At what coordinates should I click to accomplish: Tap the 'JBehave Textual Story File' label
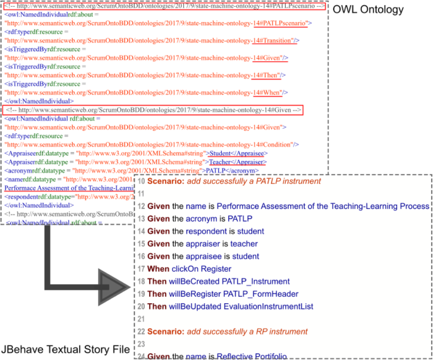66,349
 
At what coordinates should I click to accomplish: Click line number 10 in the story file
142,181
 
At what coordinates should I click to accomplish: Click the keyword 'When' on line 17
159,269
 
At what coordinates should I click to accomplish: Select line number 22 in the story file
142,332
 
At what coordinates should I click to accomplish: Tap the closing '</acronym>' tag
243,171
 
